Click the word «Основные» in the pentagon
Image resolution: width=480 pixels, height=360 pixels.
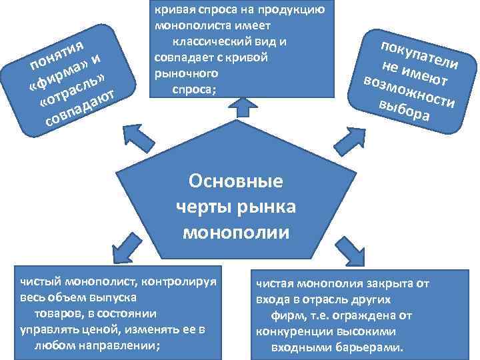click(x=236, y=181)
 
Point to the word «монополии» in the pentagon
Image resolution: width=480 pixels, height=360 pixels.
click(x=236, y=233)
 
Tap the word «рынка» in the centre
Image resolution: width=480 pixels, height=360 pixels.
click(x=264, y=207)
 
